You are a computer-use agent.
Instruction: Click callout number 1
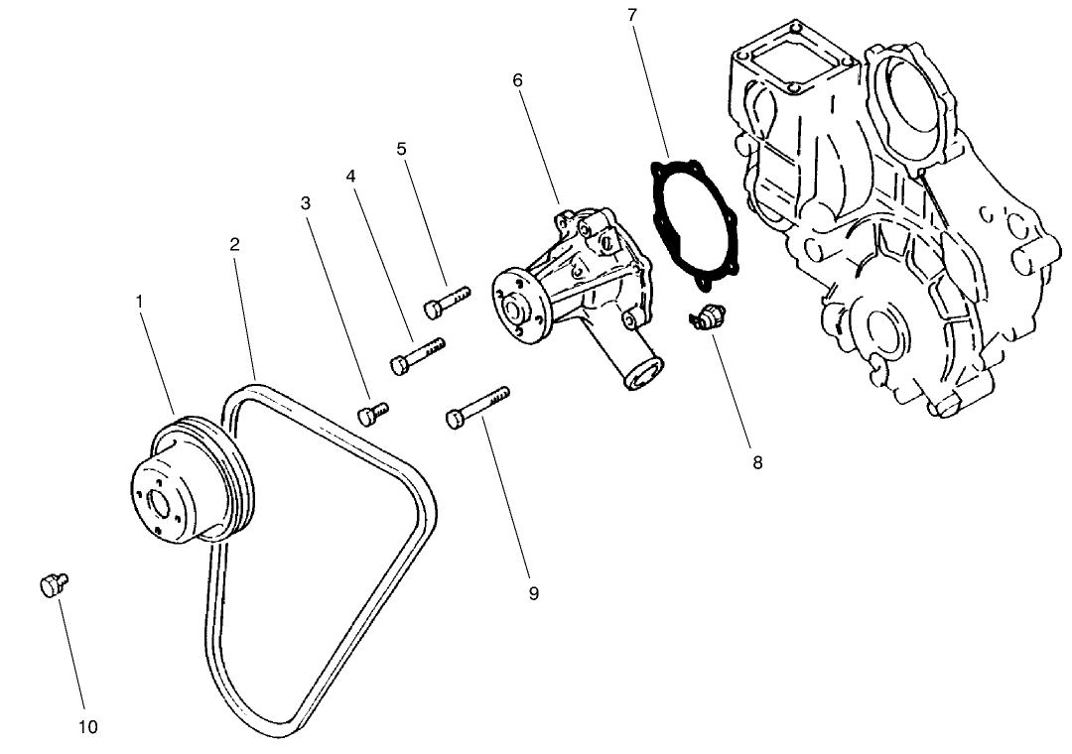(140, 298)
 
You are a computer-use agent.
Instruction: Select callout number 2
(235, 244)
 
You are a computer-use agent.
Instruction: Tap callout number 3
(306, 203)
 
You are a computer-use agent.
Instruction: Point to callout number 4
(350, 176)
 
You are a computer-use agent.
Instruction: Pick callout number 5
(401, 149)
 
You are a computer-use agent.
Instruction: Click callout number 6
(517, 79)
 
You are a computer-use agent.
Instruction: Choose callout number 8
(757, 462)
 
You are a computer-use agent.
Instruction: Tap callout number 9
(533, 593)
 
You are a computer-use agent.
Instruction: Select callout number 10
(88, 727)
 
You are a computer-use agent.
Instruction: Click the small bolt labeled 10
(53, 584)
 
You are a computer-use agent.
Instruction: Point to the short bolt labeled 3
(372, 413)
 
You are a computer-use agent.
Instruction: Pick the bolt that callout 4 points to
(416, 355)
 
